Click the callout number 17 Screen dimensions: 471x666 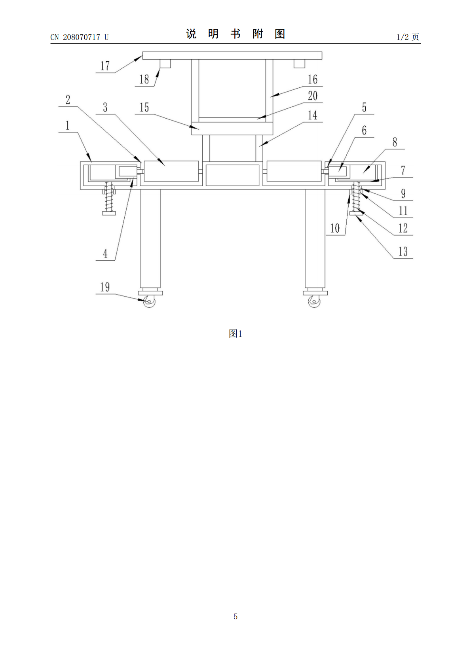(105, 66)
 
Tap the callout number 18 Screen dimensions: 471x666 (144, 79)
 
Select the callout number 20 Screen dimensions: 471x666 (312, 96)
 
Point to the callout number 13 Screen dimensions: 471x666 (403, 252)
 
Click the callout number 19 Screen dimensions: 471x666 (105, 287)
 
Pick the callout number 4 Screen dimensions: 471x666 (105, 254)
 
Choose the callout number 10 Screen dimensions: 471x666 (335, 228)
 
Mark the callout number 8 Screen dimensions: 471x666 (395, 142)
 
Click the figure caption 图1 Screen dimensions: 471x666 (235, 334)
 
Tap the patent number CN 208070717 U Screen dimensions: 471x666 (80, 37)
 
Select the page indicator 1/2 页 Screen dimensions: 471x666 (408, 37)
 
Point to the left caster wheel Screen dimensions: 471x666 (149, 301)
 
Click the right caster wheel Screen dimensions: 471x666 (314, 301)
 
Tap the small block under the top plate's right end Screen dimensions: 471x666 (299, 64)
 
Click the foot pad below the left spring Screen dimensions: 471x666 (108, 213)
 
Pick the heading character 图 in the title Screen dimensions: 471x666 (280, 34)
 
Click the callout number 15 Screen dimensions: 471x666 (144, 107)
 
